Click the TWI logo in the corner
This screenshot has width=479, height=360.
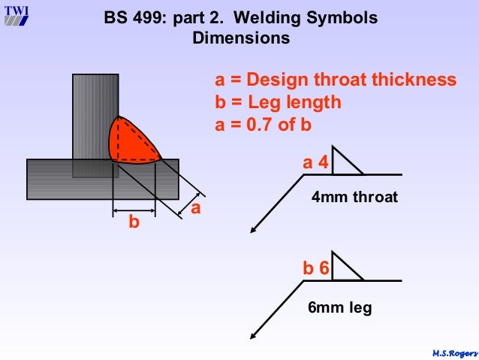click(x=17, y=15)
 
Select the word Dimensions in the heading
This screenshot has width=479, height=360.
click(x=241, y=38)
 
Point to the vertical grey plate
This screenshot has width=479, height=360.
click(x=95, y=113)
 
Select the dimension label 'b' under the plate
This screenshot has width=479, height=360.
click(x=134, y=222)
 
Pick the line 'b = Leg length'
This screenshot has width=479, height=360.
click(x=279, y=102)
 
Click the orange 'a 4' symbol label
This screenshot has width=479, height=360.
click(x=315, y=162)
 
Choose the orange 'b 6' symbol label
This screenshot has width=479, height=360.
click(x=315, y=268)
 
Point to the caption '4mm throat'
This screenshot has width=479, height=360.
click(x=354, y=198)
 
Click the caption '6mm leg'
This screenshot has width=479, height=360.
click(x=339, y=307)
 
